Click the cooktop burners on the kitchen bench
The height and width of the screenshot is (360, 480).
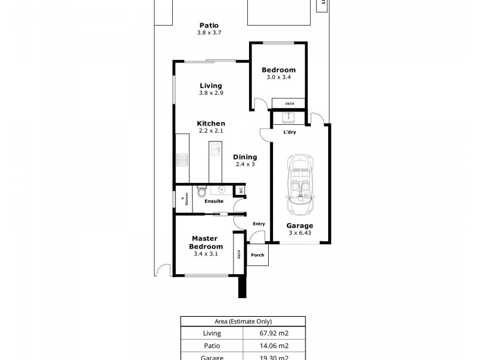point(182,160)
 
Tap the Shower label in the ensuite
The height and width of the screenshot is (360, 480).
point(187,199)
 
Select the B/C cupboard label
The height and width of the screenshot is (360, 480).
point(239,191)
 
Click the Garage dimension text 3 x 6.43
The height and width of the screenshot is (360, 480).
point(300,233)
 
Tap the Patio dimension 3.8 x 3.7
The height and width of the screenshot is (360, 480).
point(209,32)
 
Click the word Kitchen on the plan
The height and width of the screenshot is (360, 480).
point(211,124)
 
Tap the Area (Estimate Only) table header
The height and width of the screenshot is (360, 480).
point(243,322)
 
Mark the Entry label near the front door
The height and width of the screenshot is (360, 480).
point(259,224)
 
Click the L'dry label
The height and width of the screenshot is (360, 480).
point(289,133)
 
